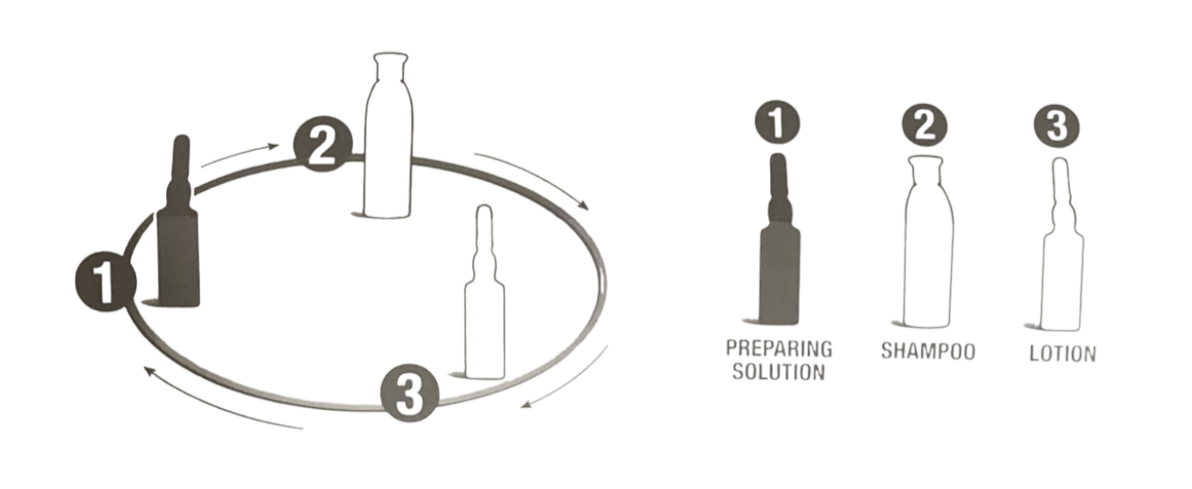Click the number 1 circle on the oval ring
point(105,282)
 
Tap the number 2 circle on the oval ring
point(323,144)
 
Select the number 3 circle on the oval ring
point(410,393)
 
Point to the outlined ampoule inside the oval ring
point(484,293)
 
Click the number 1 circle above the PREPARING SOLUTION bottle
point(777,123)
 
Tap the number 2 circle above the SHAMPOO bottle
point(925,125)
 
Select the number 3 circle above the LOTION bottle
point(1057,126)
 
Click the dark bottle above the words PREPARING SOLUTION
point(779,239)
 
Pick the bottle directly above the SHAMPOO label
point(928,242)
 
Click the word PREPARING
point(779,349)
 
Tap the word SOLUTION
point(778,372)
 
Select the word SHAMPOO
point(928,351)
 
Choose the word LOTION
point(1063,354)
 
